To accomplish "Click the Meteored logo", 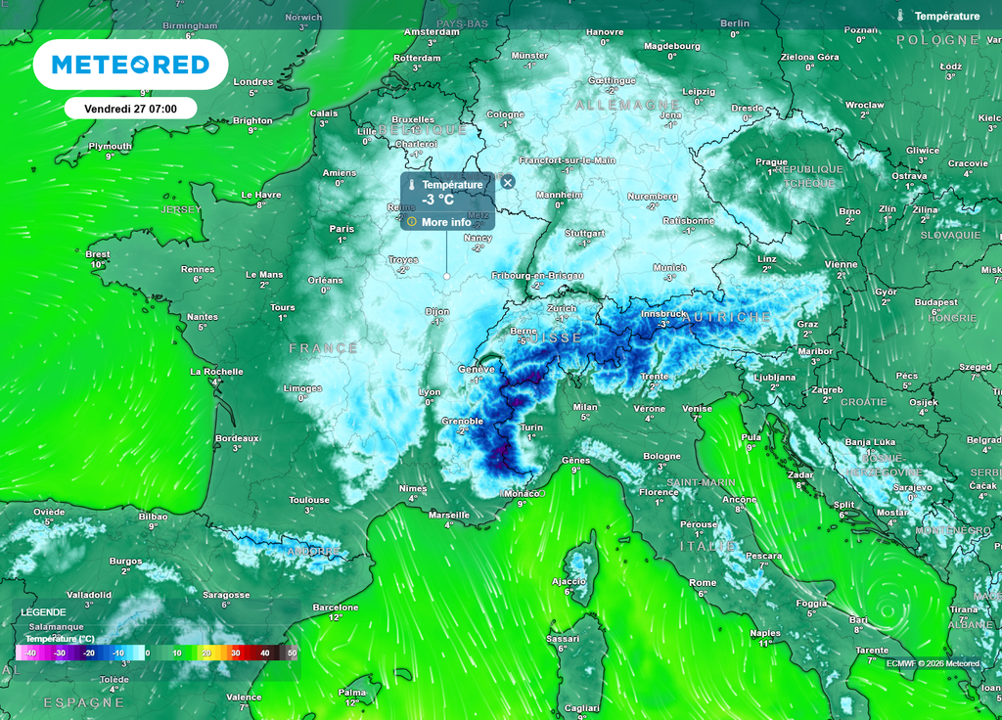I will tap(130, 65).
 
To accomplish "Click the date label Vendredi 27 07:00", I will tap(130, 108).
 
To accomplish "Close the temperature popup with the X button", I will tap(507, 181).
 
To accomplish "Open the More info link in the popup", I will tap(445, 222).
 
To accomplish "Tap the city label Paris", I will tap(342, 229).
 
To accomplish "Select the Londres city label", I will tap(253, 82).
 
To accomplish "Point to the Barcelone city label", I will tap(336, 607).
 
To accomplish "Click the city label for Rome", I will tap(702, 582).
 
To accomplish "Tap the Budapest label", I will tap(935, 302).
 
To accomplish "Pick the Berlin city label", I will tap(735, 23).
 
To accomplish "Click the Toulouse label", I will tap(309, 500).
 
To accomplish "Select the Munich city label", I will tap(669, 267).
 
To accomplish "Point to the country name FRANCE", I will tap(323, 348).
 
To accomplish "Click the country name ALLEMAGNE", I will tap(627, 104).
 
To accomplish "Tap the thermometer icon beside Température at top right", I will tap(900, 16).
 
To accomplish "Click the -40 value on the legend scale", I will tap(30, 652).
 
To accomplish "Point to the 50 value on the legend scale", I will tap(291, 652).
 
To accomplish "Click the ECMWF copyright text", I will tap(932, 663).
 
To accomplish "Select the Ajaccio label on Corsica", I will tap(569, 581).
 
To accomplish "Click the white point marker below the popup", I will tap(447, 277).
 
